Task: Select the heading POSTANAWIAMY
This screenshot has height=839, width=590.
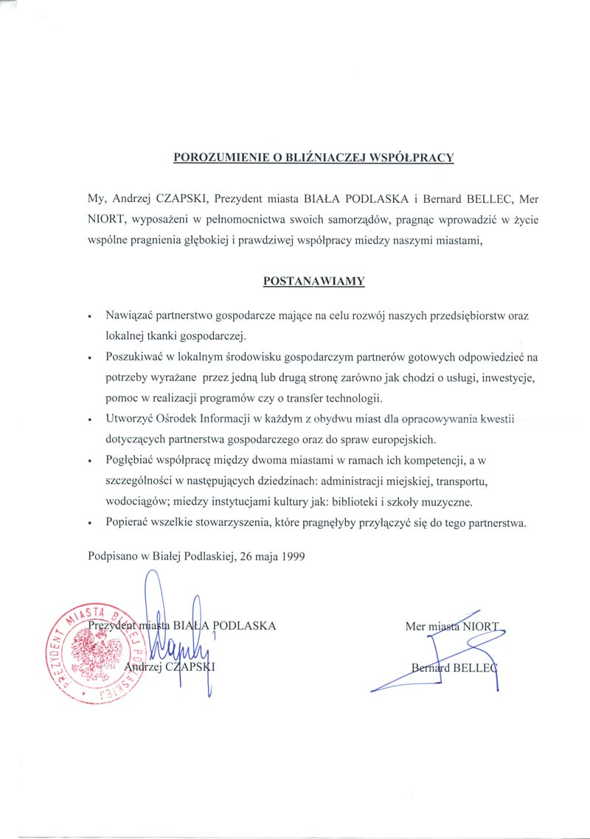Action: click(313, 281)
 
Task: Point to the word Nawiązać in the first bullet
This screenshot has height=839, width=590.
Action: click(130, 315)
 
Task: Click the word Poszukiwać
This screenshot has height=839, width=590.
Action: click(134, 358)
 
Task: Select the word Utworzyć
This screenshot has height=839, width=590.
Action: click(128, 419)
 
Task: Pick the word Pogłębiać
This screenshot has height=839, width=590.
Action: click(130, 462)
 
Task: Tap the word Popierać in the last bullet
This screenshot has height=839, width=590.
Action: click(128, 524)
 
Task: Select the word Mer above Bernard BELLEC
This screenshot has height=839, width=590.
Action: click(415, 627)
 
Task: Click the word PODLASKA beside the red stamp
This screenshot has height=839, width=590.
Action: click(243, 626)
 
